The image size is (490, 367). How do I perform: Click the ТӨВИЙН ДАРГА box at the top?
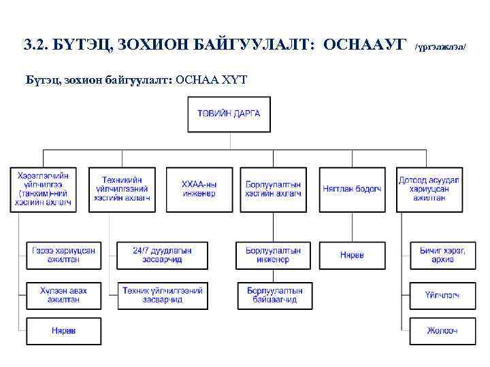pos(229,113)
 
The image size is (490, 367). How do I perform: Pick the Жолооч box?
pos(443,331)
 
